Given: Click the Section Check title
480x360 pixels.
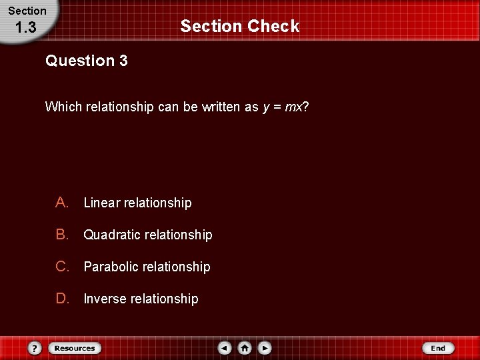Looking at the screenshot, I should coord(240,26).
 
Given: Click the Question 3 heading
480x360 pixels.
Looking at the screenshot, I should coord(87,61).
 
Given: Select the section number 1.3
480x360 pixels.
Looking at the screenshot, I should coord(25,28).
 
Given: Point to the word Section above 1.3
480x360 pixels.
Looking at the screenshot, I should coord(27,11).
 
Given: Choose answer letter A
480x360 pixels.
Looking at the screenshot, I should coord(63,203).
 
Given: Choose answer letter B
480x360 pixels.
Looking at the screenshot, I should coord(63,235).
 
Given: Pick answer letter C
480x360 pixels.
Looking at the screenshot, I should coord(63,267).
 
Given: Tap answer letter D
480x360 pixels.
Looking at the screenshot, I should coord(63,299).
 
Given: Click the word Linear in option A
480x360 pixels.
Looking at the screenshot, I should coord(101,203).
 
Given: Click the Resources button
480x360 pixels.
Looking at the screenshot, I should coord(75,348).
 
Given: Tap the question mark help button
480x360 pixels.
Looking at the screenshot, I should coord(35,348).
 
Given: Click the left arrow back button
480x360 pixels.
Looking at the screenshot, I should coord(225,348).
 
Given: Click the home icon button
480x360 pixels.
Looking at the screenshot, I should coord(245,348).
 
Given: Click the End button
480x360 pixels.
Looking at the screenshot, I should coord(438,348).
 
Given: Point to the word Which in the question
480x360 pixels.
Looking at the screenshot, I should coord(61,107).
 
